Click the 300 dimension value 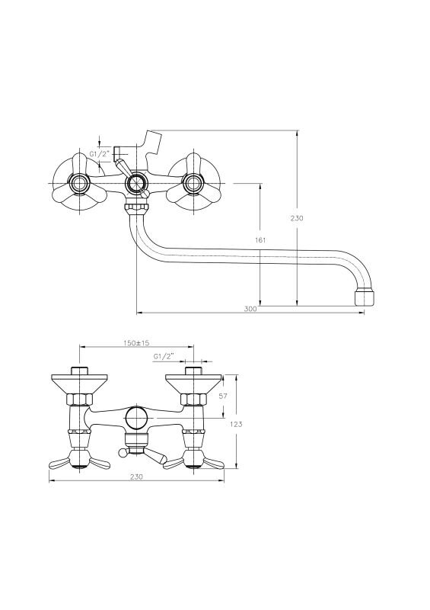click(x=250, y=309)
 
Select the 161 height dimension click(x=260, y=240)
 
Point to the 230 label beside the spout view click(x=297, y=218)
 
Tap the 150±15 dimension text click(x=136, y=342)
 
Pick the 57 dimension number click(x=223, y=396)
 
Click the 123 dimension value click(x=236, y=424)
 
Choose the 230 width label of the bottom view click(x=136, y=477)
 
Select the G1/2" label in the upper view click(x=100, y=154)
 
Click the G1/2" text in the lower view click(x=164, y=356)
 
